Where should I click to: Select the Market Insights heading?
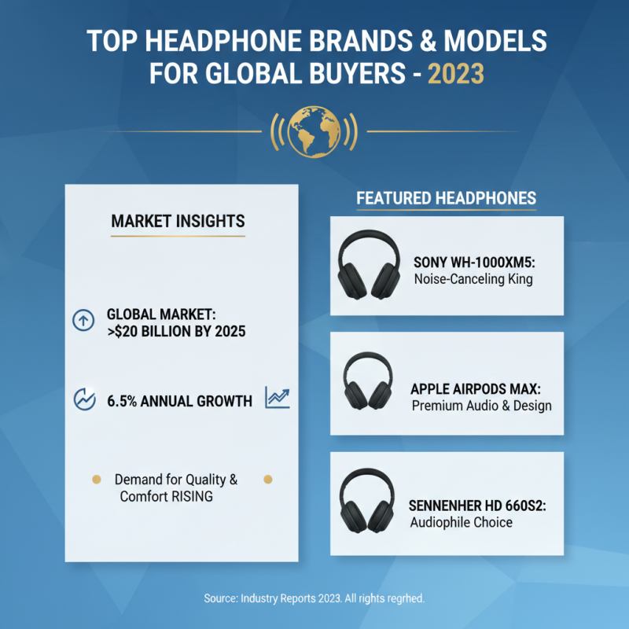178,221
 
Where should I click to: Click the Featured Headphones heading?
447,197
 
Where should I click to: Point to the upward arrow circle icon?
83,320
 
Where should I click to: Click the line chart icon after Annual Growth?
277,398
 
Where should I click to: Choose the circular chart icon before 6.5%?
83,399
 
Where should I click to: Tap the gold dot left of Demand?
97,479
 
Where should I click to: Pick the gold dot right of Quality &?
267,479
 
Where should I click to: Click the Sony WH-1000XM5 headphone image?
368,265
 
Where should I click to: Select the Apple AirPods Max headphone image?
368,382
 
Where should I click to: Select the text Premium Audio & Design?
481,406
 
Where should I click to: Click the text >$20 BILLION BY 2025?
175,331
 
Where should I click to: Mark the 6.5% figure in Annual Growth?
123,401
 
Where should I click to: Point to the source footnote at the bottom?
314,598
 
